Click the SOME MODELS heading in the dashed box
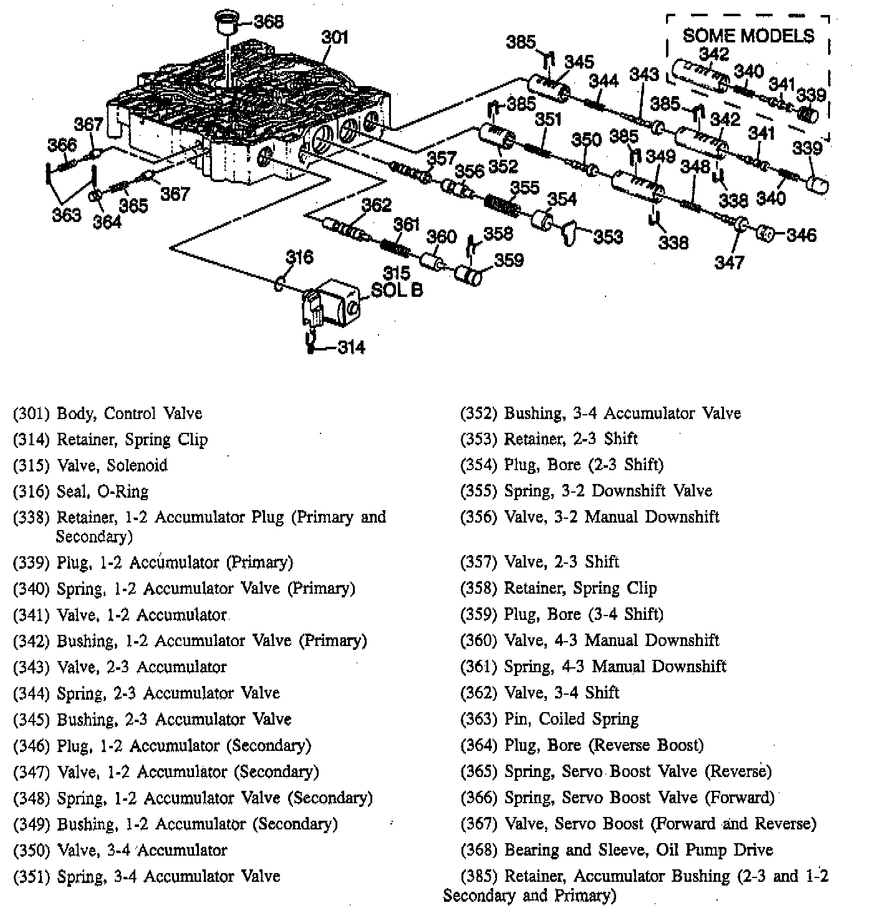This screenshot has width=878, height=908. (748, 36)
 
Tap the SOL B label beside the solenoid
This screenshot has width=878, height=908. (397, 290)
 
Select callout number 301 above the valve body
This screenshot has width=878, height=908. (335, 37)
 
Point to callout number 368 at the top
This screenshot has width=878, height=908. (269, 22)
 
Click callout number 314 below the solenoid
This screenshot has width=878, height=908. (351, 347)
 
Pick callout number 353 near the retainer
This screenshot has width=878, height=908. (608, 236)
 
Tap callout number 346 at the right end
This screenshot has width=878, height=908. (801, 235)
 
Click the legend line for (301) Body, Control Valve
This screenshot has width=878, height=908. (107, 413)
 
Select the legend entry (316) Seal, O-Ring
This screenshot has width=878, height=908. (80, 492)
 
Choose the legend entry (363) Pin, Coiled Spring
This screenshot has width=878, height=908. (549, 719)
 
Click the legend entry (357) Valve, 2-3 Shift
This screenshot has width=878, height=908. (539, 562)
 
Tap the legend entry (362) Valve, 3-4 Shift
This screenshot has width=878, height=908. (539, 693)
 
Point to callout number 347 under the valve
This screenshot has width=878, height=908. (729, 262)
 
